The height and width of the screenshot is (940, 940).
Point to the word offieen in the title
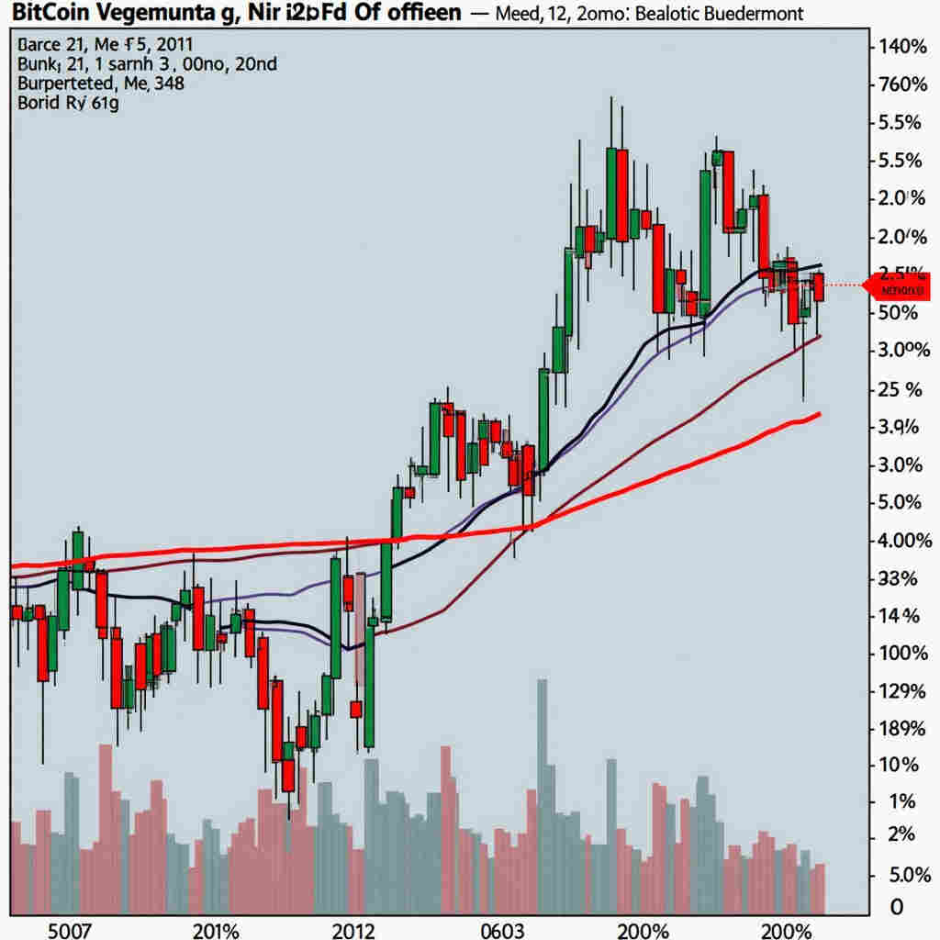[x=417, y=14]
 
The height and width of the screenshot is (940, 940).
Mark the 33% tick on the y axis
[x=898, y=578]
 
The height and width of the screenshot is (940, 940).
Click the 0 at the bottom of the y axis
[x=897, y=907]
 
